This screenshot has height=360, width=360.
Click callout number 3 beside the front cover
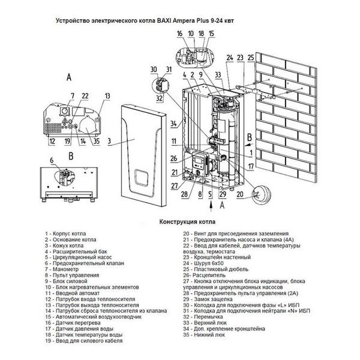pos(110,142)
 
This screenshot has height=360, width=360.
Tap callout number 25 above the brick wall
pos(250,57)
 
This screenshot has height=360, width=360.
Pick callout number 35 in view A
pos(96,142)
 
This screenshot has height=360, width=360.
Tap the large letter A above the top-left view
pos(69,77)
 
